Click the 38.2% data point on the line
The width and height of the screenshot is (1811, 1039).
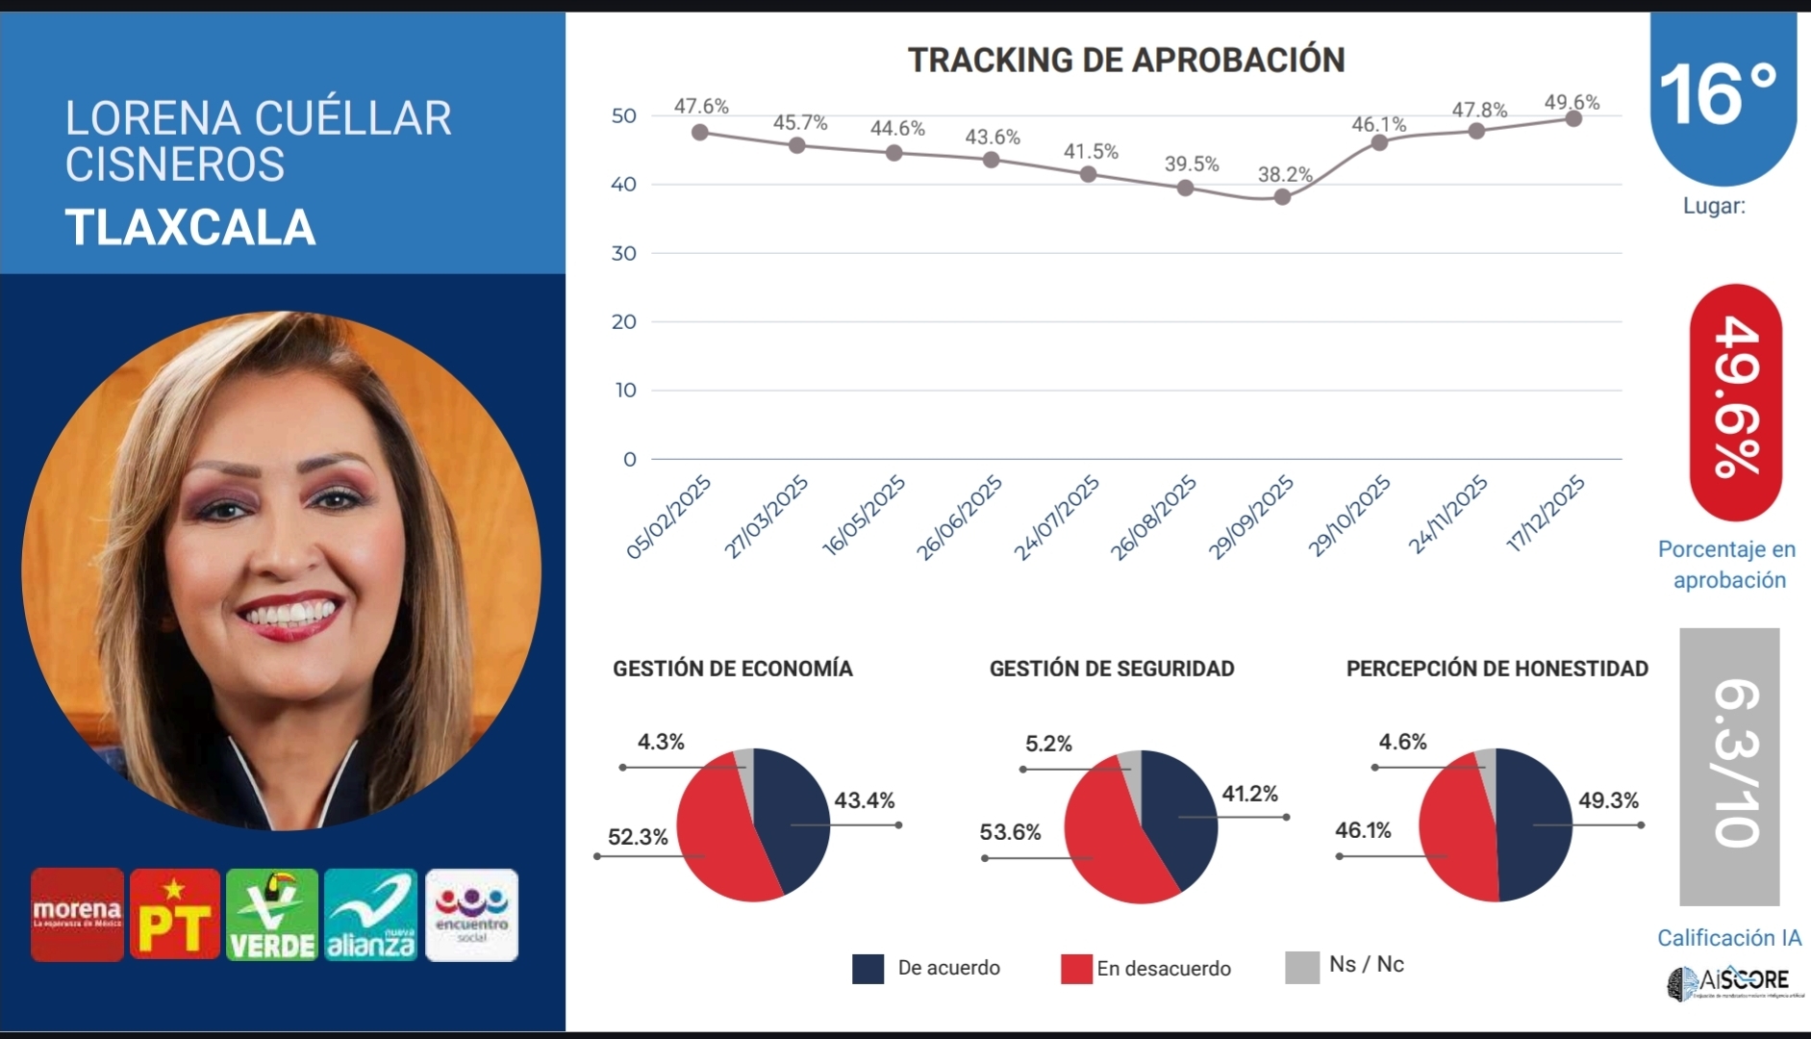[x=1282, y=197]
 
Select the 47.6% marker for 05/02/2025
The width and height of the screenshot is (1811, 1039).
[x=700, y=132]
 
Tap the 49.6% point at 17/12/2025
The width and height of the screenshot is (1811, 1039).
[x=1573, y=118]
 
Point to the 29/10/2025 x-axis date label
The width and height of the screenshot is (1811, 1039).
[x=1349, y=517]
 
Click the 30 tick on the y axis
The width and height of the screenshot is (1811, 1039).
[x=624, y=253]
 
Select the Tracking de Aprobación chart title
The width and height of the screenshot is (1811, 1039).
[x=1126, y=60]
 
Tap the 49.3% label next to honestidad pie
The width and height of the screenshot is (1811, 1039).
[x=1608, y=800]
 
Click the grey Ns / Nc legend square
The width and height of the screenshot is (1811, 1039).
[x=1302, y=967]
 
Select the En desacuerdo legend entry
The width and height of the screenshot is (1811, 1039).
[x=1145, y=969]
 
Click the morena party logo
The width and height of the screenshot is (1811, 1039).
[x=77, y=915]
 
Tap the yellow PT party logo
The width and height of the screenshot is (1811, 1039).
[x=175, y=915]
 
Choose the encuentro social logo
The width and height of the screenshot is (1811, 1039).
[x=471, y=915]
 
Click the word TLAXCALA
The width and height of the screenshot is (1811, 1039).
[x=190, y=228]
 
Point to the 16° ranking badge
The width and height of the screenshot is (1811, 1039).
[x=1722, y=96]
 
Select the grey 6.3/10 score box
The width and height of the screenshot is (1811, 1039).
[x=1729, y=765]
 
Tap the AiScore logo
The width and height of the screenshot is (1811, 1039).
[x=1728, y=981]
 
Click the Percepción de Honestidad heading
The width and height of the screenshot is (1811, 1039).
[x=1497, y=669]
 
